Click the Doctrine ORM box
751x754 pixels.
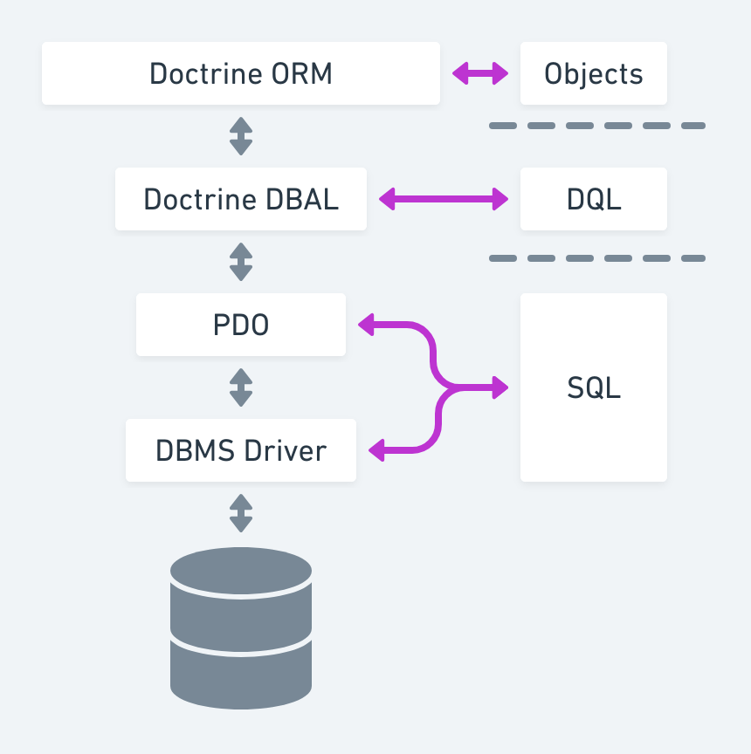[241, 73]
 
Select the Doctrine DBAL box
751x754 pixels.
[241, 199]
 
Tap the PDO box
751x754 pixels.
[241, 325]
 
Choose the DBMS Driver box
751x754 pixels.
[241, 450]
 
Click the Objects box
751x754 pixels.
[594, 73]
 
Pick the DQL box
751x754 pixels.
[594, 199]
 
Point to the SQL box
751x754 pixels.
[594, 387]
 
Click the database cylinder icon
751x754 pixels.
[241, 627]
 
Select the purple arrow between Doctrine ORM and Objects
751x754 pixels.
[480, 73]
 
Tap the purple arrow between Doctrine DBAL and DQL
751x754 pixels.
[444, 199]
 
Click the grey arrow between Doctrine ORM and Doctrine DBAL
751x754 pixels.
[241, 136]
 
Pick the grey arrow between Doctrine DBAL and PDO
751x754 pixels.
[241, 262]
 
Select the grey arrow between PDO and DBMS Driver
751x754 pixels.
[241, 387]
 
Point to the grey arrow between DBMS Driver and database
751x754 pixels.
[241, 513]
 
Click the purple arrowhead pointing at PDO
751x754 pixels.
[367, 325]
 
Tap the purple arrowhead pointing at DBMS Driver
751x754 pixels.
[377, 450]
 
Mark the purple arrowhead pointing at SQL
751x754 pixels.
[500, 387]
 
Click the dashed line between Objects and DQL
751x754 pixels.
[597, 126]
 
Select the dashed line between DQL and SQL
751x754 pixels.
[597, 258]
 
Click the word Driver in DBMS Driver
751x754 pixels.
[286, 450]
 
